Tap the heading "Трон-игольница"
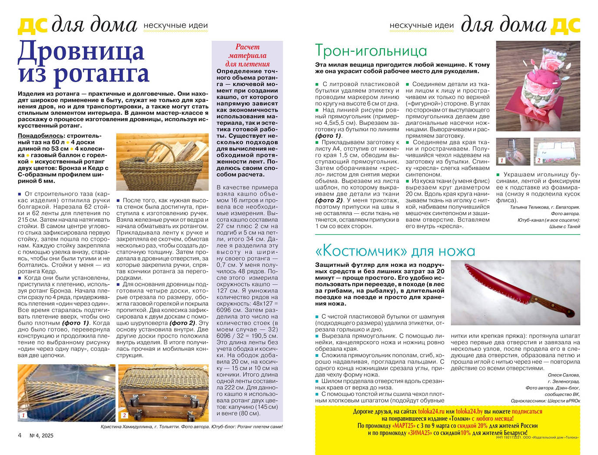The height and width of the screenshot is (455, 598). pyautogui.click(x=371, y=51)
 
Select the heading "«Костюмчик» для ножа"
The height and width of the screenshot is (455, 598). pyautogui.click(x=395, y=251)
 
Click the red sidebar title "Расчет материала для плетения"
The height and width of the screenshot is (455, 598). pyautogui.click(x=247, y=55)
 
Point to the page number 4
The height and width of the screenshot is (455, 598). pyautogui.click(x=20, y=435)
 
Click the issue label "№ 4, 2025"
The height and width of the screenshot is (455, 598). pyautogui.click(x=41, y=435)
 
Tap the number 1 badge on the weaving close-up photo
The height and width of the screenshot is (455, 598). pyautogui.click(x=23, y=415)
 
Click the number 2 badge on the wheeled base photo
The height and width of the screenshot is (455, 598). pyautogui.click(x=124, y=415)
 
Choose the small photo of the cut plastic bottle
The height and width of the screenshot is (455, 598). pyautogui.click(x=513, y=151)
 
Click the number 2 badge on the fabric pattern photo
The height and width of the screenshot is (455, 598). pyautogui.click(x=538, y=160)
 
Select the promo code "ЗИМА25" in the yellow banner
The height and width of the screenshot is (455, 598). pyautogui.click(x=421, y=433)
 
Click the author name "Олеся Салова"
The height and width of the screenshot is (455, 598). pyautogui.click(x=564, y=375)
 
